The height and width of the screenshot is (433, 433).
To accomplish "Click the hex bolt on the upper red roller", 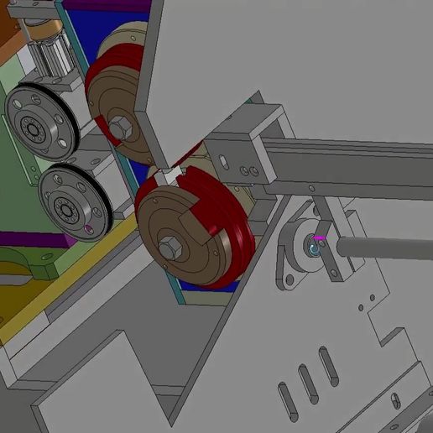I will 118,128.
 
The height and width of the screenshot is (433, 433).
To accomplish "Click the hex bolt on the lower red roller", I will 171,248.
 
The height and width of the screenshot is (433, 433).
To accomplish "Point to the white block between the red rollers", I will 170,176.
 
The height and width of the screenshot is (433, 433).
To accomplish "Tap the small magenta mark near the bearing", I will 319,237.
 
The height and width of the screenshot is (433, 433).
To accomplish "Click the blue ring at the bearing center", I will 315,249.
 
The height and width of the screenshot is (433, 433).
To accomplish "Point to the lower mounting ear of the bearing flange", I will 287,279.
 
